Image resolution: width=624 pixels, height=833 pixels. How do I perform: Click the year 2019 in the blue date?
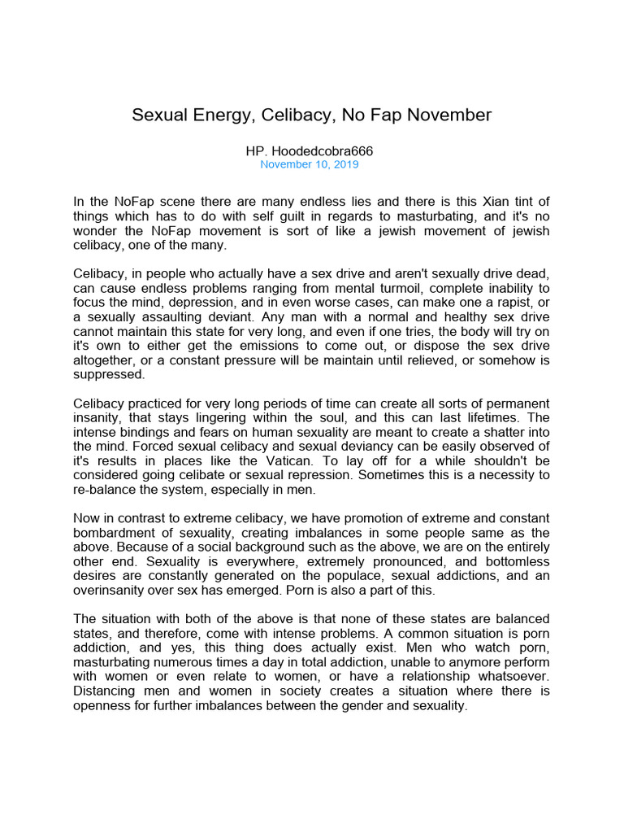point(344,164)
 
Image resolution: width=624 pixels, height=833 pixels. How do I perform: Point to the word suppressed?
point(109,375)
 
